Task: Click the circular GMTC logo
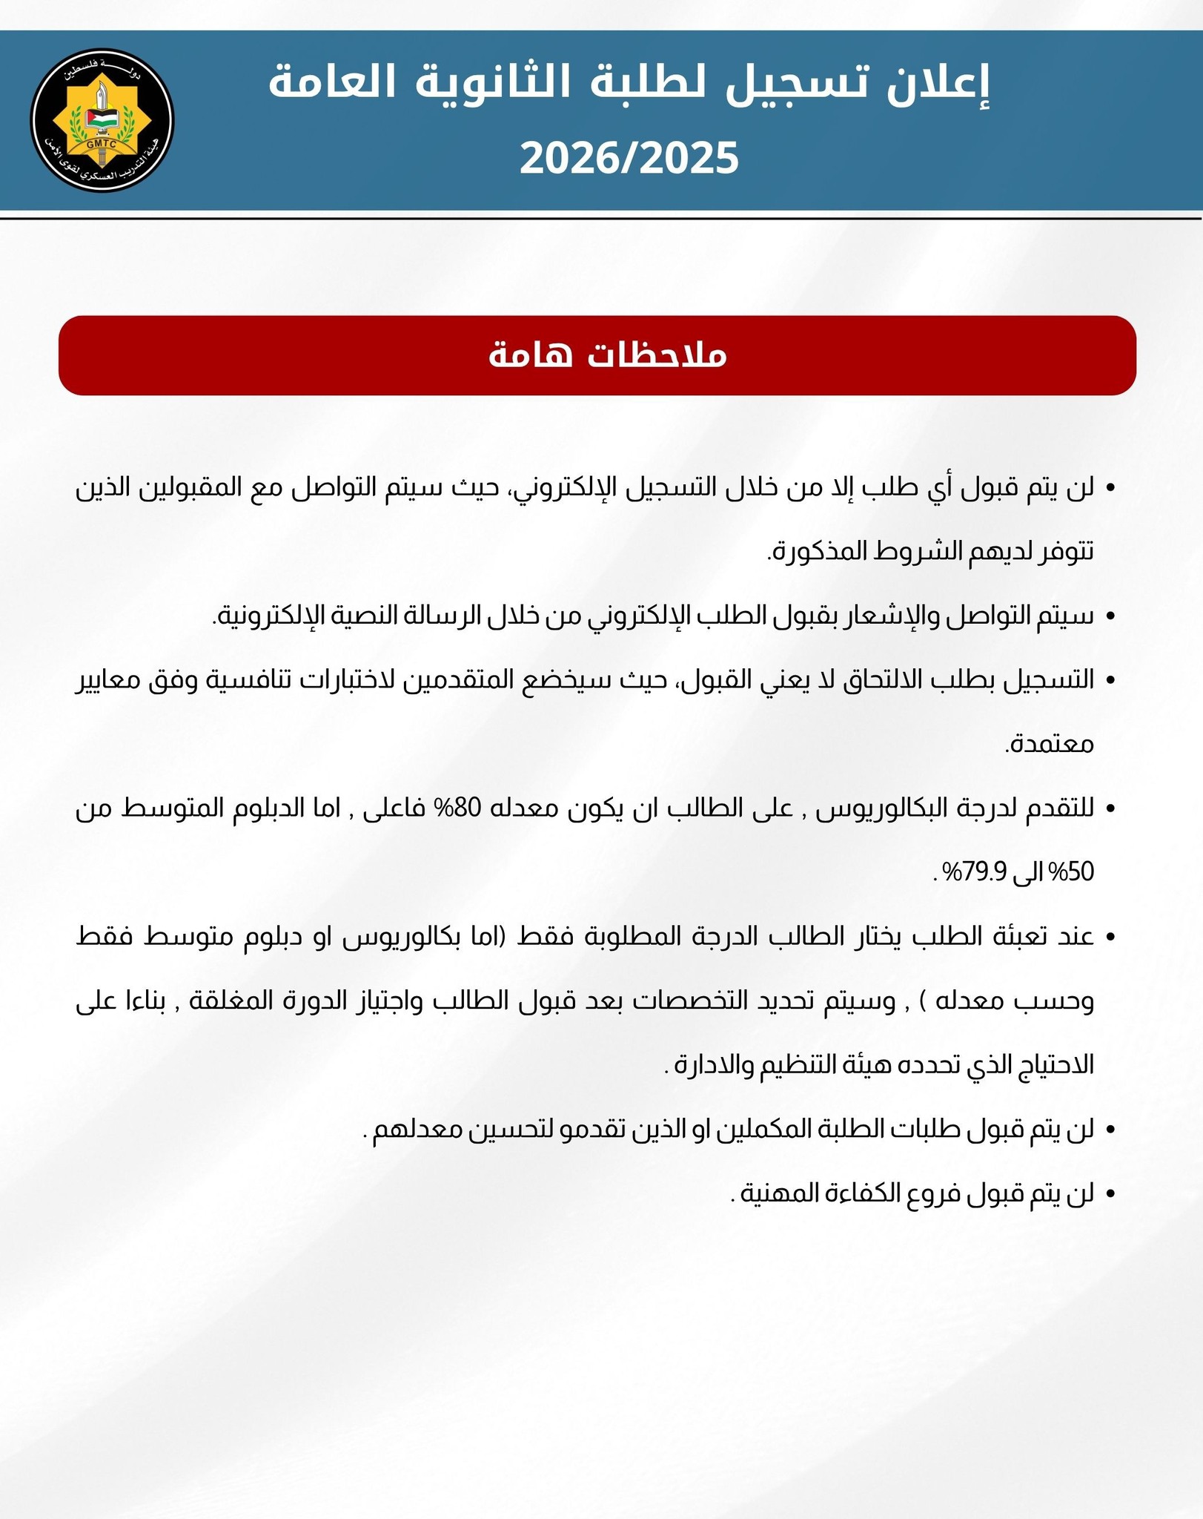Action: [102, 121]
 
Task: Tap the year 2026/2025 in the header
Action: [629, 158]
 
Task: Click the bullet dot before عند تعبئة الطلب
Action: [1110, 937]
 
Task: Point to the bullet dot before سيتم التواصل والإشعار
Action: [1110, 616]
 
